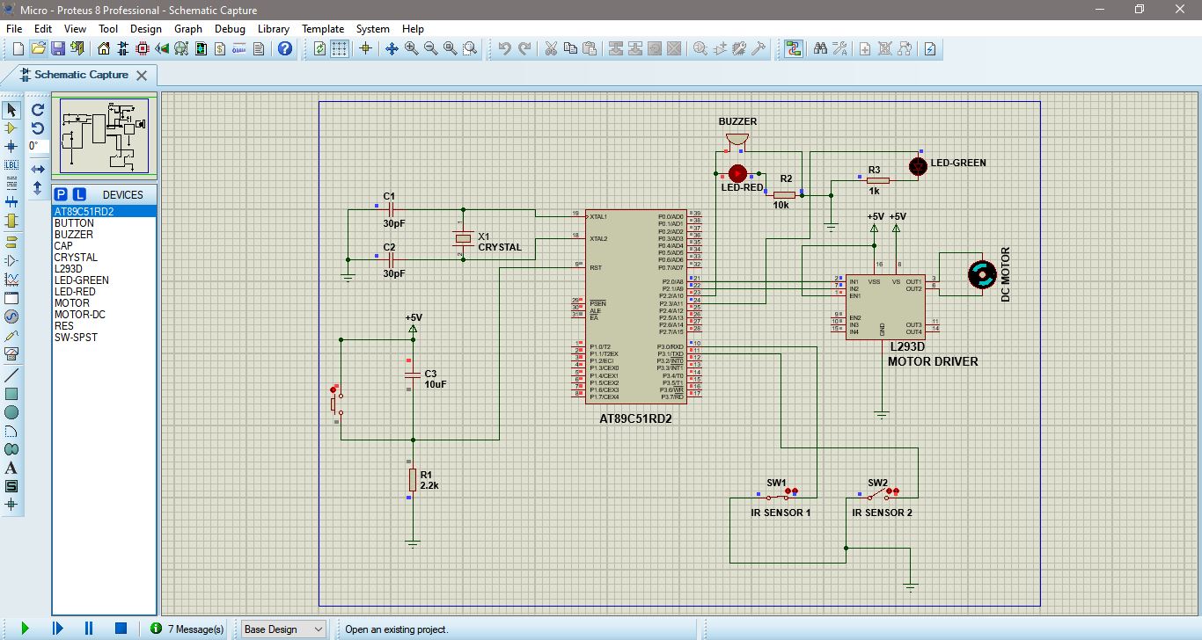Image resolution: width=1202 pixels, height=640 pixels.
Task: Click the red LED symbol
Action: (x=737, y=172)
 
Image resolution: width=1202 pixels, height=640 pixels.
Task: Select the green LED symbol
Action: (x=918, y=165)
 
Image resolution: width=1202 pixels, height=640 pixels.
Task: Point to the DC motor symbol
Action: (x=980, y=274)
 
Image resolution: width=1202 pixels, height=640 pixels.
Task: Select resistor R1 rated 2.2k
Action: (x=411, y=479)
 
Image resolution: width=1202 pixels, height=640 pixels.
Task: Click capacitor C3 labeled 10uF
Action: (x=411, y=375)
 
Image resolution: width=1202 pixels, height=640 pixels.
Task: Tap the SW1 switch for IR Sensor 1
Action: (x=778, y=495)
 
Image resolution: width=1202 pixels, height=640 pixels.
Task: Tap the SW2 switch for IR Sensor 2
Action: (x=879, y=495)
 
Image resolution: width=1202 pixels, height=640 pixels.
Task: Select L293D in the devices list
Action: (x=69, y=269)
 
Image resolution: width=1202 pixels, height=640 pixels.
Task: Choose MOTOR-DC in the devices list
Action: (x=79, y=315)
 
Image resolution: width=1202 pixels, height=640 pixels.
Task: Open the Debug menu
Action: (x=230, y=29)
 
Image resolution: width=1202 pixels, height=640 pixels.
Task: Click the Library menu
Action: (x=273, y=29)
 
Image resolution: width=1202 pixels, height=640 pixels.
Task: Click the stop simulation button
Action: (x=121, y=629)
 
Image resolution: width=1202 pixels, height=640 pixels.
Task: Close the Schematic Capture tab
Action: (x=142, y=76)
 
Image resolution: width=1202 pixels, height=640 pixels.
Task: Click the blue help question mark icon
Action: (x=285, y=48)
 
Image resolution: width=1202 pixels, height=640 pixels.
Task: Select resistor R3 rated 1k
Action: (x=877, y=180)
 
